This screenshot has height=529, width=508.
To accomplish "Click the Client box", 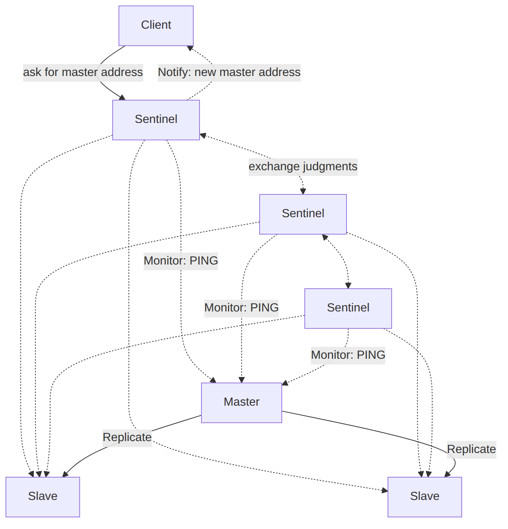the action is tap(156, 26).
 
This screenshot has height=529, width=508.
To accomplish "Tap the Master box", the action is tap(241, 403).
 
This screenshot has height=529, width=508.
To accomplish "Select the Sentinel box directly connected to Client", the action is tap(156, 120).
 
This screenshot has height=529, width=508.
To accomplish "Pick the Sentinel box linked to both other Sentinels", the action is tap(303, 214).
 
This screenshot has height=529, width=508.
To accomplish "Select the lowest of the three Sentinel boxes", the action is tap(348, 308).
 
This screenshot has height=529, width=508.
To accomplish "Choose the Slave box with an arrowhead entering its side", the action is tap(424, 497).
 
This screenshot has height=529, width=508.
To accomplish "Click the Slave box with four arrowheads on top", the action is tap(43, 497).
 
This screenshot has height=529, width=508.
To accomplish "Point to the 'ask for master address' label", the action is tap(83, 73).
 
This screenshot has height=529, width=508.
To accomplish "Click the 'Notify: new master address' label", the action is tap(229, 73).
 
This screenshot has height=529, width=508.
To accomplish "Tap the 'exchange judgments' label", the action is tap(303, 167).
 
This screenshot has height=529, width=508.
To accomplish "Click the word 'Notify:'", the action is tap(175, 72).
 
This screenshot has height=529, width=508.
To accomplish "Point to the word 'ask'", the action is tap(32, 72).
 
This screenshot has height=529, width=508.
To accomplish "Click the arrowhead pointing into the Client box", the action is tap(190, 48).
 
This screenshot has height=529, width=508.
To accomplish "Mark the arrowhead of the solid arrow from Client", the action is tap(122, 97).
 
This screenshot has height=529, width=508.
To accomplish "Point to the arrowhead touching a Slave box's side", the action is tap(385, 490).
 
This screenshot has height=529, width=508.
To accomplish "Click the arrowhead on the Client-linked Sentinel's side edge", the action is tap(203, 135).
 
